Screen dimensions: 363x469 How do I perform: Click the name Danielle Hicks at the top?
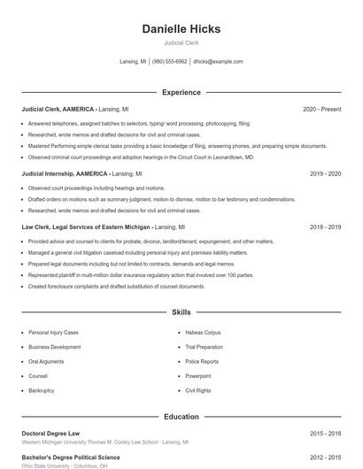[181, 29]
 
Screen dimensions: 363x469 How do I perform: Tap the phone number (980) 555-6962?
[169, 62]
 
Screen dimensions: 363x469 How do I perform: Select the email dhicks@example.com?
[218, 62]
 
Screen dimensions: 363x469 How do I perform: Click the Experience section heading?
[181, 92]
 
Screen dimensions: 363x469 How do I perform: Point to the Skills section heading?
[181, 312]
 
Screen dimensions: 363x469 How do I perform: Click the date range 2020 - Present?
[321, 109]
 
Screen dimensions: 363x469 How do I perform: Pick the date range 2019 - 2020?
[325, 174]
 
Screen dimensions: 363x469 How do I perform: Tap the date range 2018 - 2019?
[325, 227]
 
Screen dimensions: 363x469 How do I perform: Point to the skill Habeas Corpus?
[203, 333]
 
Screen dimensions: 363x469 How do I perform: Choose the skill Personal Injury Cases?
[53, 333]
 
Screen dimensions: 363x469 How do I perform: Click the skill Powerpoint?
[198, 375]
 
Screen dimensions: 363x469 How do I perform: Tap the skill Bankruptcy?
[42, 390]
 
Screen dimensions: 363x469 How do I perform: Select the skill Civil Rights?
[198, 390]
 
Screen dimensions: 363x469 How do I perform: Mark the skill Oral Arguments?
[46, 361]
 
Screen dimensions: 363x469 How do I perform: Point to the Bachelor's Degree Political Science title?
[71, 457]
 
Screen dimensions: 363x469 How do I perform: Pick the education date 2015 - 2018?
[325, 434]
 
